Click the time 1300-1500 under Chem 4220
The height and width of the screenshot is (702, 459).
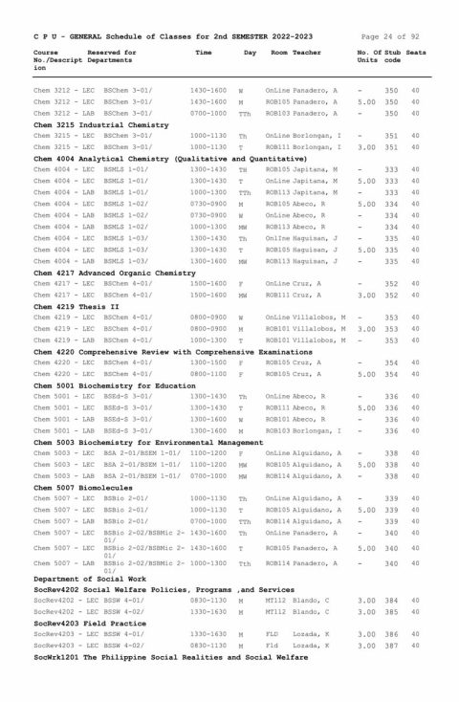click(x=208, y=362)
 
